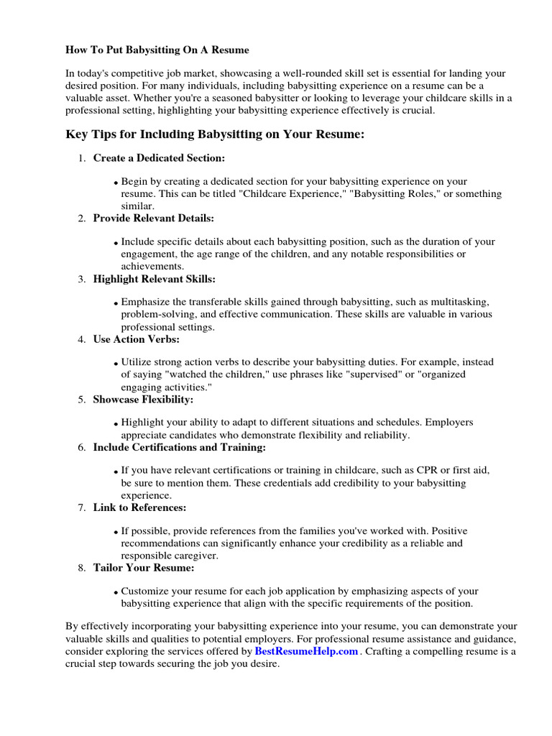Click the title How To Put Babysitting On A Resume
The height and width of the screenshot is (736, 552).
point(157,50)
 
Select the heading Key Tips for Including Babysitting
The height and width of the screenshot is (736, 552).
point(216,134)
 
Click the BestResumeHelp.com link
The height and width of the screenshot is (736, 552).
point(306,652)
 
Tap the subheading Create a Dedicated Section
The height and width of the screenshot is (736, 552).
point(159,157)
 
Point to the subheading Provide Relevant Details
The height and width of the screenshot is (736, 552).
point(153,218)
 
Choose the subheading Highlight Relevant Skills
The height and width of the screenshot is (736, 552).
point(154,278)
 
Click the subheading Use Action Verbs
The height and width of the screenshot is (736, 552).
point(136,339)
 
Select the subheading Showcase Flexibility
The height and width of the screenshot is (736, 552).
point(143,399)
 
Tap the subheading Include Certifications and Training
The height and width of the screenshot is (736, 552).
point(179,447)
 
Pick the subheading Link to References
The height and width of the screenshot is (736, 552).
point(139,507)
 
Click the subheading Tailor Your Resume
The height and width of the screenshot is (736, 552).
point(144,568)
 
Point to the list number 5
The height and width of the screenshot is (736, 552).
point(82,399)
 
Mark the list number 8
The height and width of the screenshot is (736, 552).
point(82,568)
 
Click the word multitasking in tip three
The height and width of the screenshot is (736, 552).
point(461,303)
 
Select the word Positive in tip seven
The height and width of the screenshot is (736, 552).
point(448,530)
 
